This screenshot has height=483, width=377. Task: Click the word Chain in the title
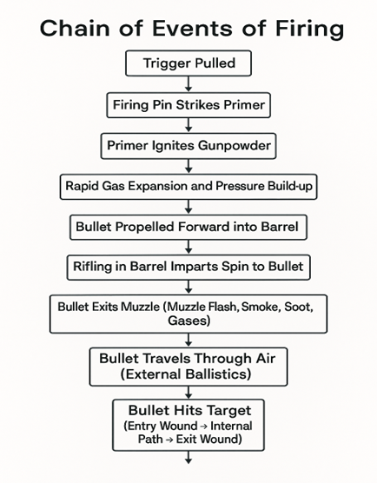pyautogui.click(x=75, y=28)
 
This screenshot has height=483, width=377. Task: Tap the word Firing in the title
pyautogui.click(x=309, y=30)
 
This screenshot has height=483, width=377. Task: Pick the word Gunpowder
pyautogui.click(x=235, y=146)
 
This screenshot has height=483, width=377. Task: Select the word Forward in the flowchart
pyautogui.click(x=204, y=227)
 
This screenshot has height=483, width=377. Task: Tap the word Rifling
pyautogui.click(x=93, y=267)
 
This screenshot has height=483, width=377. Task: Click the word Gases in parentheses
pyautogui.click(x=189, y=321)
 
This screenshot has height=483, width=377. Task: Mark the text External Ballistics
pyautogui.click(x=186, y=374)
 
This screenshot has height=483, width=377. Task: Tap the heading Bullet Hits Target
pyautogui.click(x=189, y=411)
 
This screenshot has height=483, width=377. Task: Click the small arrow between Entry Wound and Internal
pyautogui.click(x=203, y=427)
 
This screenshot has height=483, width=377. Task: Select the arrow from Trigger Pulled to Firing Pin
pyautogui.click(x=188, y=83)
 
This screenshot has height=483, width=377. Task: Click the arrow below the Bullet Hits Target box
pyautogui.click(x=188, y=458)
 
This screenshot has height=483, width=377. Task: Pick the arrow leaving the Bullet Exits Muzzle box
pyautogui.click(x=188, y=340)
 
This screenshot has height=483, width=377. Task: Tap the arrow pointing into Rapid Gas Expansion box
pyautogui.click(x=188, y=166)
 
